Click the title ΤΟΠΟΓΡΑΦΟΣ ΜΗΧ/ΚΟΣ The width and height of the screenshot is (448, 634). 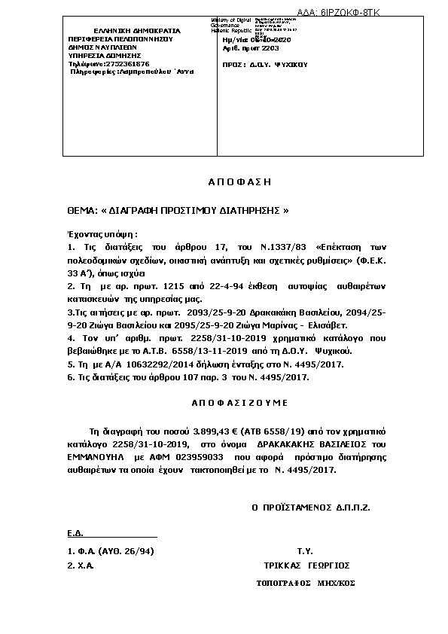pyautogui.click(x=305, y=583)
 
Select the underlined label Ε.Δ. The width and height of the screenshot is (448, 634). pyautogui.click(x=74, y=533)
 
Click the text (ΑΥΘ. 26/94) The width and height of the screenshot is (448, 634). pyautogui.click(x=126, y=551)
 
